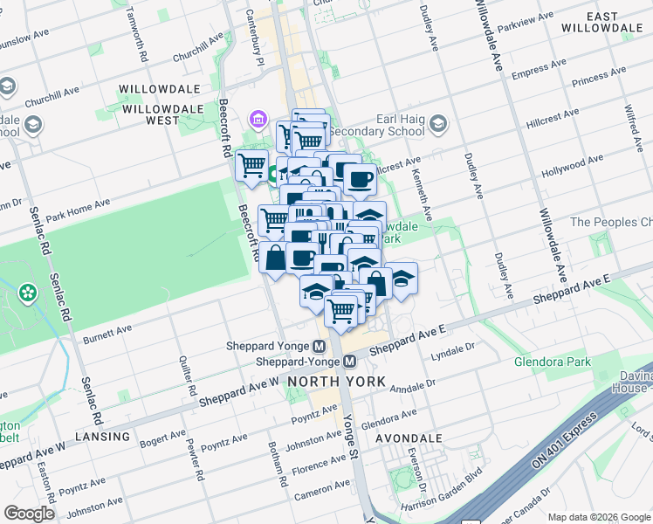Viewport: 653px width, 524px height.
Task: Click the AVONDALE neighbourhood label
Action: click(x=409, y=438)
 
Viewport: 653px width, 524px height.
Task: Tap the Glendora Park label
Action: click(x=552, y=362)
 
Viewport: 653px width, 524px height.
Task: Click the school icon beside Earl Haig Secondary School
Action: click(x=437, y=129)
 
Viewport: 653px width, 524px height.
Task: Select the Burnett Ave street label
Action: click(x=107, y=334)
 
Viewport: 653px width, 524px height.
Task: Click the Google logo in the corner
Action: click(x=29, y=513)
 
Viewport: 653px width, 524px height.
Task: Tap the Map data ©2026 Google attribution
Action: click(x=598, y=517)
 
